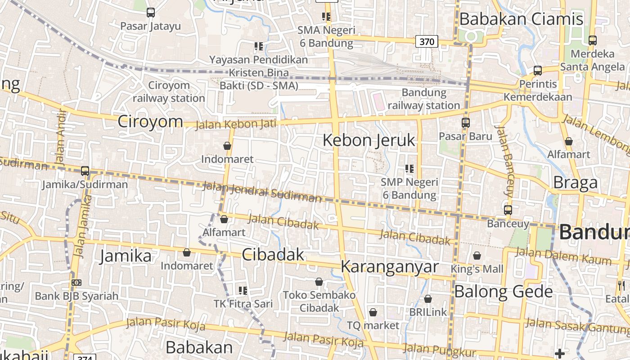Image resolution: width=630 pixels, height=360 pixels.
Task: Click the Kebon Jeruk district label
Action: click(369, 140)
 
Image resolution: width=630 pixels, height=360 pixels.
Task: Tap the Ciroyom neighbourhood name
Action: click(150, 121)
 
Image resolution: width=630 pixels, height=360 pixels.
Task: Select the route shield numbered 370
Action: click(426, 42)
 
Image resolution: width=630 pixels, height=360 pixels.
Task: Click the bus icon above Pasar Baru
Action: click(465, 122)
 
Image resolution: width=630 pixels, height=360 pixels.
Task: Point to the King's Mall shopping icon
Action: click(477, 256)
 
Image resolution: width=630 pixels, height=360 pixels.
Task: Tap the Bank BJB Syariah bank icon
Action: click(76, 283)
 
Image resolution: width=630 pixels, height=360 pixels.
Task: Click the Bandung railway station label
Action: click(423, 99)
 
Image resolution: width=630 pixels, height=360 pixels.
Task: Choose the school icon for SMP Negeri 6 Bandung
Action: click(409, 169)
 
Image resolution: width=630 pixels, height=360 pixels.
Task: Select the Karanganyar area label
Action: click(389, 266)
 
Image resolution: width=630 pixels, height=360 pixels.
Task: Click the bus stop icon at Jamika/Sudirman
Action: click(85, 171)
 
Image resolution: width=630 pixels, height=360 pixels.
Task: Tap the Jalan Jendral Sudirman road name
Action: click(262, 192)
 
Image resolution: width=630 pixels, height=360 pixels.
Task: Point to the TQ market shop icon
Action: click(373, 312)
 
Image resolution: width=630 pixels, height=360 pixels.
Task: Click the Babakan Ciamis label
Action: click(521, 19)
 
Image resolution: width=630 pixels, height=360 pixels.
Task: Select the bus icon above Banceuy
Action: click(508, 210)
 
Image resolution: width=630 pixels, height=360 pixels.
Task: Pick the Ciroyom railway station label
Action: click(169, 92)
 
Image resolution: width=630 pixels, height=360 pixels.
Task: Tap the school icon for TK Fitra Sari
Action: click(243, 290)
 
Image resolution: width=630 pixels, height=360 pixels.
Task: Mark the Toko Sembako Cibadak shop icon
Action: click(319, 282)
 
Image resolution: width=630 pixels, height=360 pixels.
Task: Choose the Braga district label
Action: click(575, 183)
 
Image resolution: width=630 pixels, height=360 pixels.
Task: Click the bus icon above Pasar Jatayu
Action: click(150, 13)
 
